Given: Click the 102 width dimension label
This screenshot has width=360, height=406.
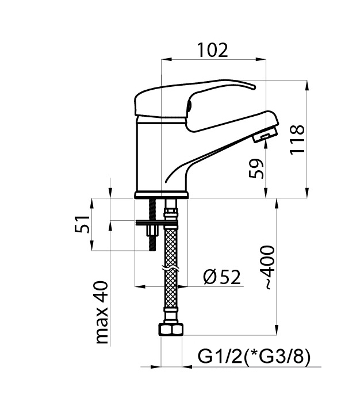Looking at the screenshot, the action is (212, 50).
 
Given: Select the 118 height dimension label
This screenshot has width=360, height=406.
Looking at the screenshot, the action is (297, 140).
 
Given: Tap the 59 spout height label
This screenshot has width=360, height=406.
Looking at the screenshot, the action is (256, 168).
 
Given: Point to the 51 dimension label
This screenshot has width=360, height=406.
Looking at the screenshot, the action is (82, 224).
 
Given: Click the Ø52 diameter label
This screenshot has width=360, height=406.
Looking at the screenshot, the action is (222, 277).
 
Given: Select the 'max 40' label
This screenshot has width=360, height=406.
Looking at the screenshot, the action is (102, 313).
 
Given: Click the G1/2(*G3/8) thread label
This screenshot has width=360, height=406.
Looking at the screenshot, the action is (254, 357).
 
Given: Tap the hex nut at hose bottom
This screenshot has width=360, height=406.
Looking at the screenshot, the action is (171, 330).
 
